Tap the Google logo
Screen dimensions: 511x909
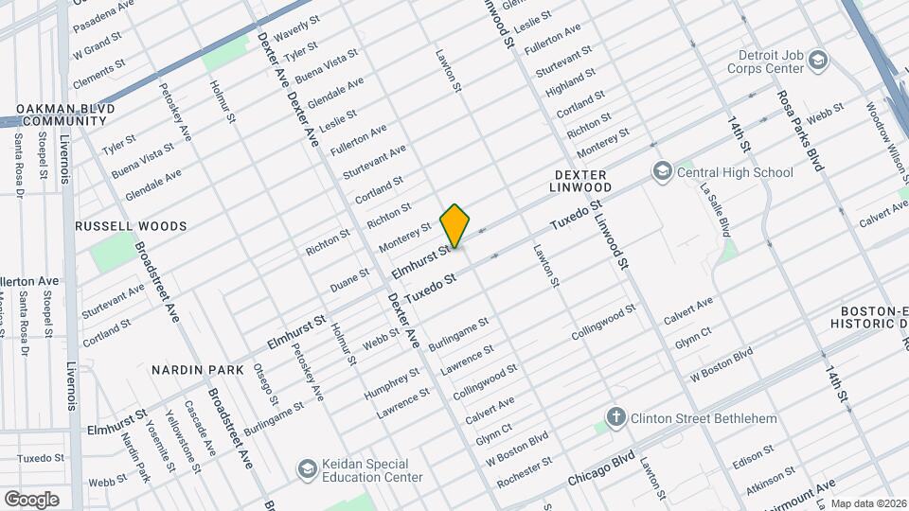pos(31,499)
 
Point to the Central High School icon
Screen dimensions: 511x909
pos(662,171)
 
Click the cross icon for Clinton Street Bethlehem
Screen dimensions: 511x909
pos(615,418)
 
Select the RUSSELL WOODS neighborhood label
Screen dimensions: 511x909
pos(131,226)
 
